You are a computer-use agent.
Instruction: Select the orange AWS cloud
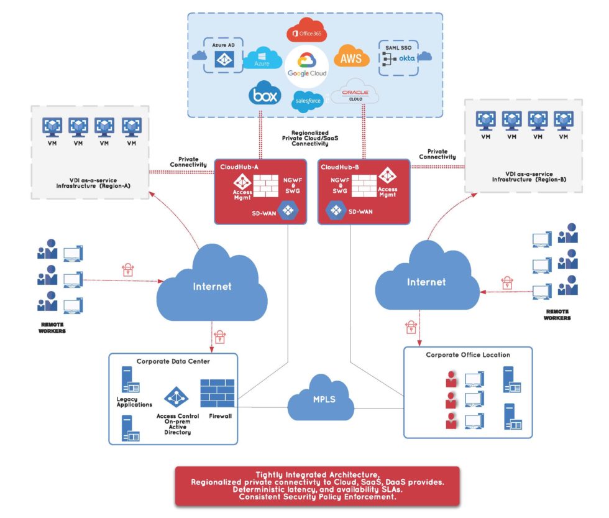click(351, 58)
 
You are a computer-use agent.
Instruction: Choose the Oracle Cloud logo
click(355, 93)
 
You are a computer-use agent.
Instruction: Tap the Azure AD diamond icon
click(223, 59)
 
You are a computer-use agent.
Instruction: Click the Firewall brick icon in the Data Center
click(217, 392)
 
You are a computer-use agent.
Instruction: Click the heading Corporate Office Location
click(467, 355)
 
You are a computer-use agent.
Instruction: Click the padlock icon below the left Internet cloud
click(219, 336)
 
